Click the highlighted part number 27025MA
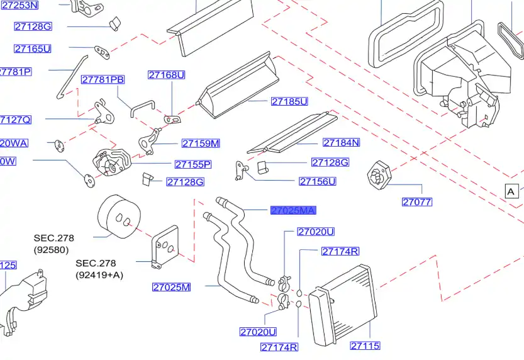point(293,210)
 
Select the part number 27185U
point(289,101)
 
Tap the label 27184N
point(341,143)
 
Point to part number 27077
point(417,202)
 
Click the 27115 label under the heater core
point(365,346)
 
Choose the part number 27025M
point(171,288)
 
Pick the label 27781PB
point(103,79)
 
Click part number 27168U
point(167,75)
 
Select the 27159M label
point(201,143)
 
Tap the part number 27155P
point(192,164)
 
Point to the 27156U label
point(317,182)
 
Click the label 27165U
point(33,48)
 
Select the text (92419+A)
point(99,274)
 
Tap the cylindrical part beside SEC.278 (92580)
point(118,215)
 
